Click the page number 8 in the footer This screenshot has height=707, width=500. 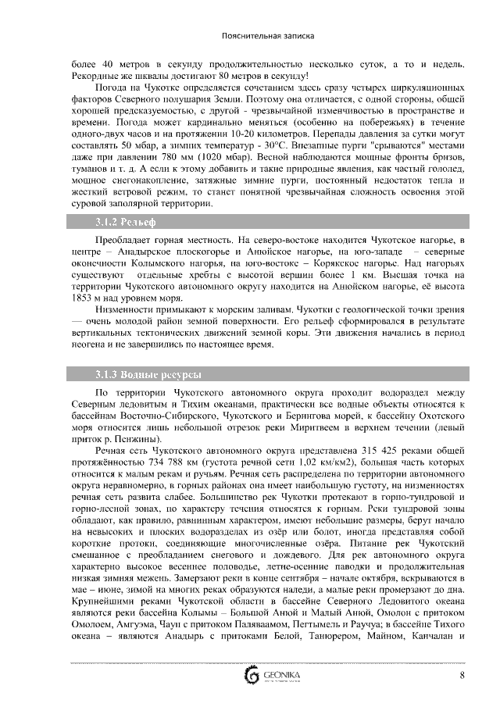pyautogui.click(x=462, y=675)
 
